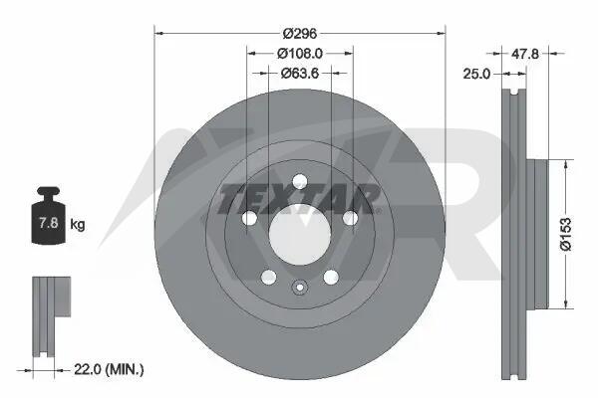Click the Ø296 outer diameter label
click(300, 34)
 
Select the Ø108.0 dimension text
click(300, 54)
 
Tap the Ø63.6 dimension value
click(300, 73)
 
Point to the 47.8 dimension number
click(525, 54)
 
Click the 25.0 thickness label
click(476, 74)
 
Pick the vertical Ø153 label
click(566, 234)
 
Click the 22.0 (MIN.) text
click(109, 369)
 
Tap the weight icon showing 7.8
click(49, 215)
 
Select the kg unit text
click(78, 224)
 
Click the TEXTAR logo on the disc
click(299, 199)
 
